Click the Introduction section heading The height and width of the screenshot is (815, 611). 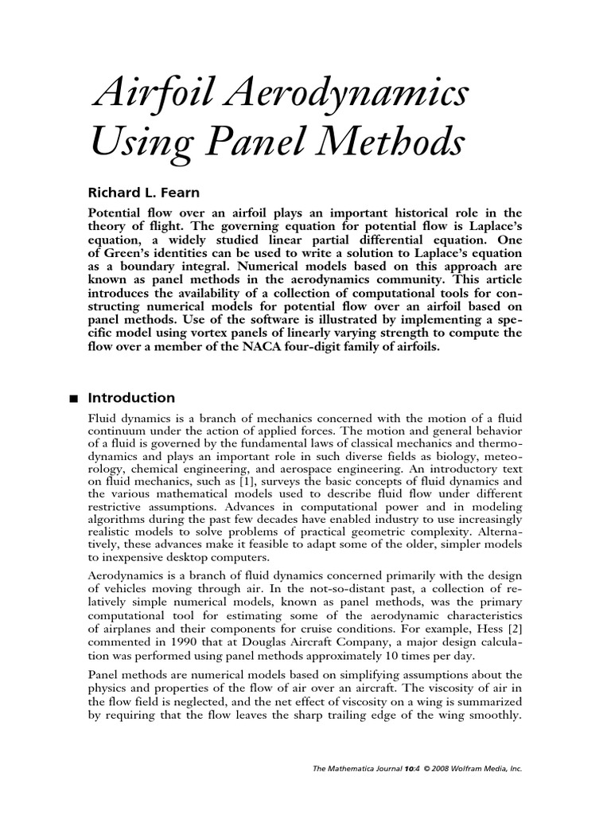tap(130, 398)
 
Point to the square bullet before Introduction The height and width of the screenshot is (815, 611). tap(73, 399)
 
